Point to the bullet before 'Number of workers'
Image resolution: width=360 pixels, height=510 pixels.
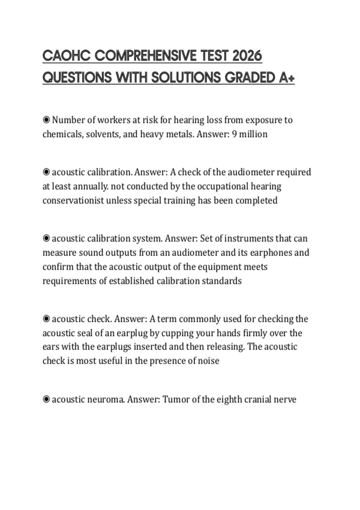(x=46, y=120)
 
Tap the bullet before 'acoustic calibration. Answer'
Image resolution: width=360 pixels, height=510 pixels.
(x=46, y=172)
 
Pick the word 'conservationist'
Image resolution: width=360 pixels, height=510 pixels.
(x=73, y=200)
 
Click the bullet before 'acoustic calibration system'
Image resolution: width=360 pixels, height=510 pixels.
(x=46, y=238)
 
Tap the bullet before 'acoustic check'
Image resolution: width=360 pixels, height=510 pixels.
(x=46, y=319)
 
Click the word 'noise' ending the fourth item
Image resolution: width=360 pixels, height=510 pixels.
(x=208, y=361)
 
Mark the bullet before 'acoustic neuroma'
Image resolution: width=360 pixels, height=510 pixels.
(x=46, y=400)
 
